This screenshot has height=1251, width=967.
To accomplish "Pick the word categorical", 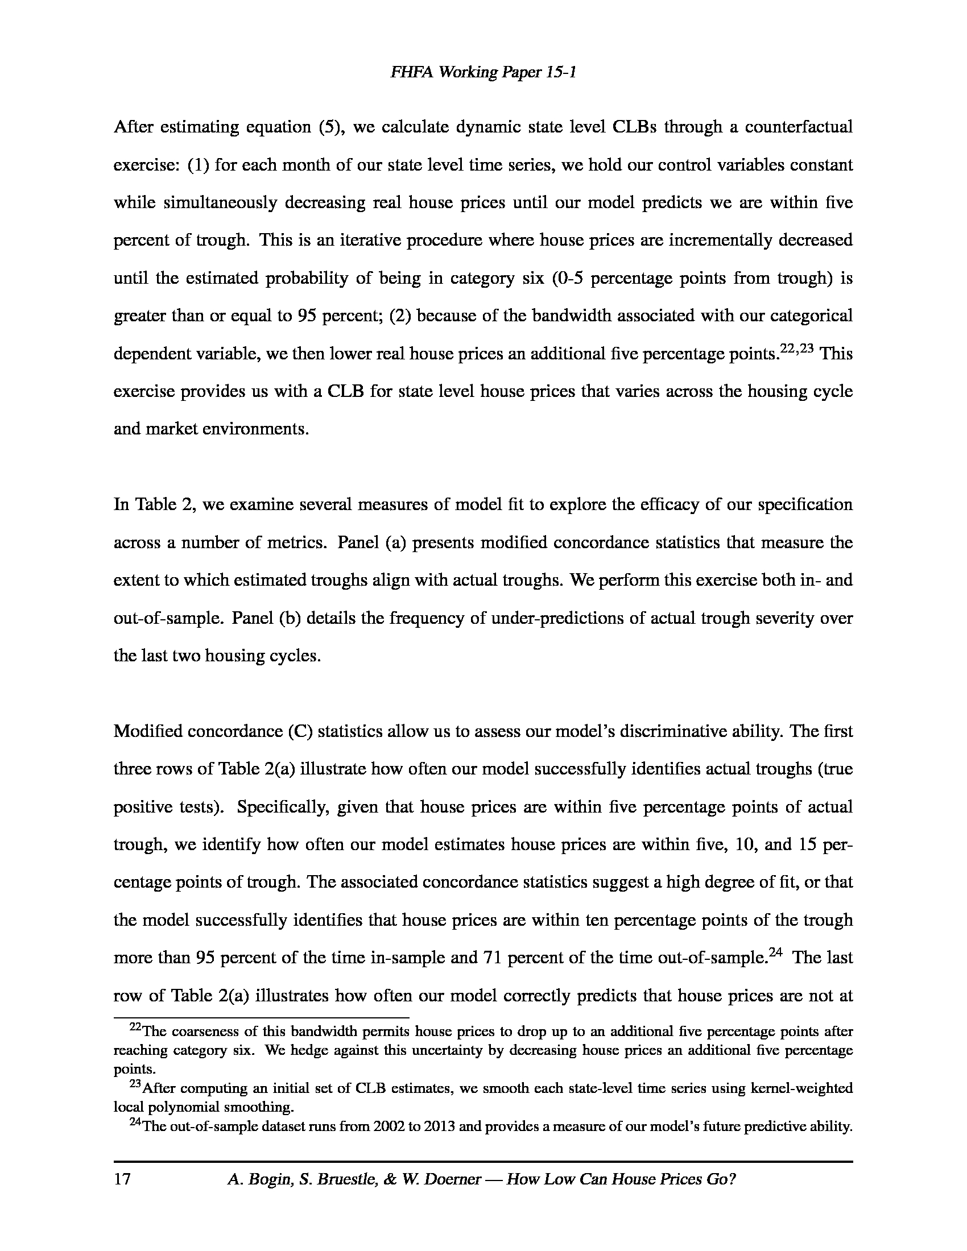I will click(811, 316).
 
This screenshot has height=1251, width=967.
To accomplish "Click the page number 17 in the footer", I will click(123, 1179).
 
